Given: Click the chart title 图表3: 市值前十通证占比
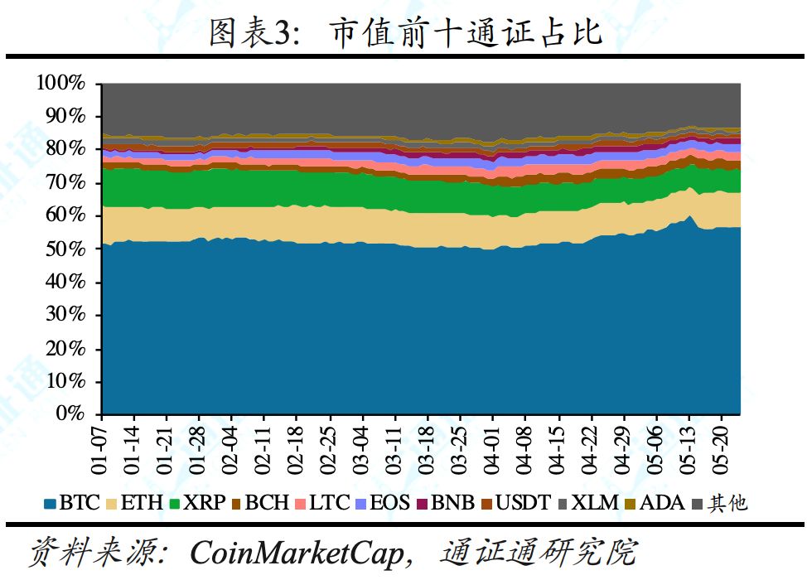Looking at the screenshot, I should coord(403,32).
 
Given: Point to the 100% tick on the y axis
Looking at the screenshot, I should coord(60,83).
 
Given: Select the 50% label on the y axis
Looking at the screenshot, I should coord(65,249).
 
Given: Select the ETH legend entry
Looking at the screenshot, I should coord(137,502).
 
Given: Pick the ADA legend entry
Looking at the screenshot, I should coord(655,502).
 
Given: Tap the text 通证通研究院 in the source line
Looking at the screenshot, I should coord(539,552).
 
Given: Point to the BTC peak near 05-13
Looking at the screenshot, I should coord(689,217).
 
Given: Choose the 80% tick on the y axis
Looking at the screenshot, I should coord(65,149).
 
